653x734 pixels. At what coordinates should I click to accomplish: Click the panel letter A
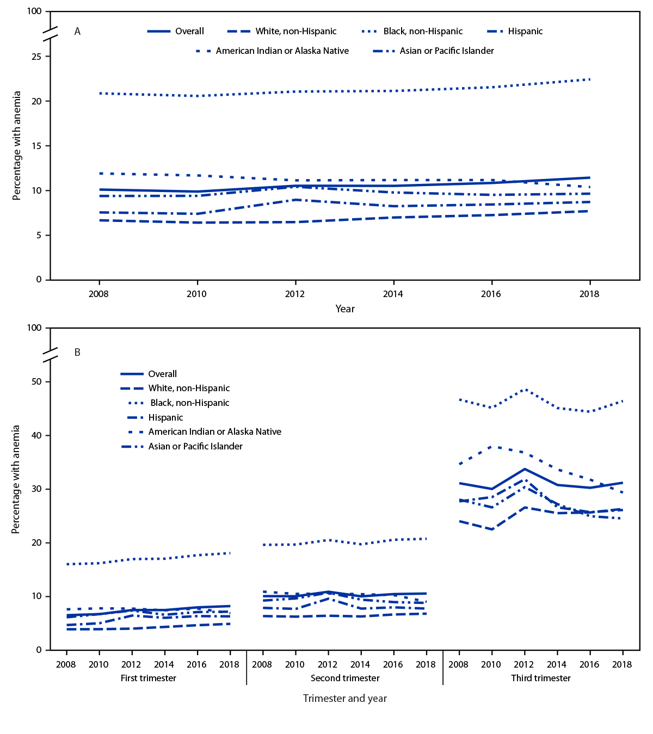77,32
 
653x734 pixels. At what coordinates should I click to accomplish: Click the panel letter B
77,353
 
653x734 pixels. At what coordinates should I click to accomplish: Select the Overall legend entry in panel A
189,32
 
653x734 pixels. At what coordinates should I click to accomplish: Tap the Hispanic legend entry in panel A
525,32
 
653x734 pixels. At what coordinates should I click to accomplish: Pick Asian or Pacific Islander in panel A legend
446,51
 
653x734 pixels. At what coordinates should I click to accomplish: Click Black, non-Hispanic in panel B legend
189,403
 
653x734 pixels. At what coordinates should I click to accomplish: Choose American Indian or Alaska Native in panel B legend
214,432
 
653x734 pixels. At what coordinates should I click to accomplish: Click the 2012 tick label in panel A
295,294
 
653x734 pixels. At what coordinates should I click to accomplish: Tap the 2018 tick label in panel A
589,294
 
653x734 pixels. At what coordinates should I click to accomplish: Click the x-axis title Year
345,309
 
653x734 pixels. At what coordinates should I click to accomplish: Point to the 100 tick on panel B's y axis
34,328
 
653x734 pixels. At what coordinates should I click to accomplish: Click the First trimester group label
148,679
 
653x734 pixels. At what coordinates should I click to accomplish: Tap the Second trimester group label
345,679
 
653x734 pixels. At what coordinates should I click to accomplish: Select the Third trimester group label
541,679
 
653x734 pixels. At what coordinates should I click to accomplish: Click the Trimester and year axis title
345,699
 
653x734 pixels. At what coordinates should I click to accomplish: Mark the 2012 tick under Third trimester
524,664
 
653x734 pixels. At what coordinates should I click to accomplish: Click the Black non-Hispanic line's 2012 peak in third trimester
525,390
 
